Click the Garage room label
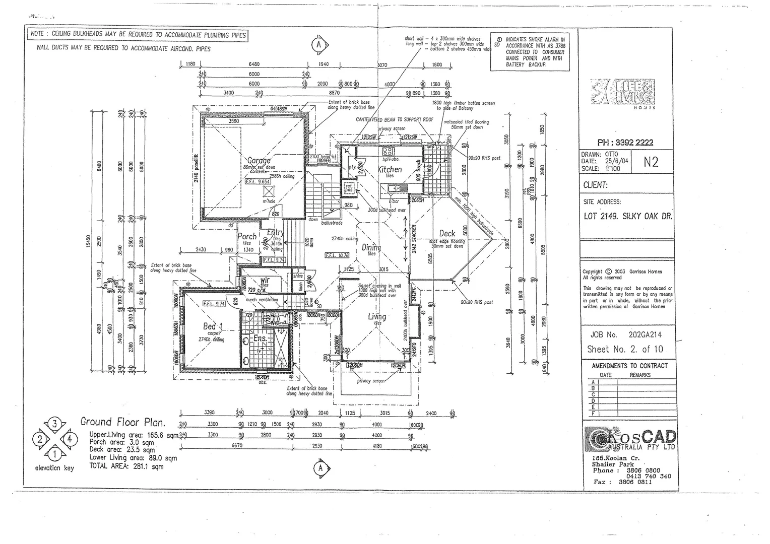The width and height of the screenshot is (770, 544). pos(259,161)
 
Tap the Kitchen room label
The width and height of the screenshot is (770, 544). pos(390,169)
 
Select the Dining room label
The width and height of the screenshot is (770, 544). pos(371,247)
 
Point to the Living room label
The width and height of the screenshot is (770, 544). pos(376,316)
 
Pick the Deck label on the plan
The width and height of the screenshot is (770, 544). pos(447,233)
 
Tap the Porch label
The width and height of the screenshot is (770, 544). pos(247,236)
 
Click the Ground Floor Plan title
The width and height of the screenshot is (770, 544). pos(123,422)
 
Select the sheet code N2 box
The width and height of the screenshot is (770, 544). pos(651,162)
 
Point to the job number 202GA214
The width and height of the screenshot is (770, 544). pos(645,334)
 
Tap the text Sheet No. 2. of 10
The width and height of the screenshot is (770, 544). pos(625,349)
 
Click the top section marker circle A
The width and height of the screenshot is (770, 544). pos(318,44)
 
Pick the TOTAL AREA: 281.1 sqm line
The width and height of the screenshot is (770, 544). pos(126,466)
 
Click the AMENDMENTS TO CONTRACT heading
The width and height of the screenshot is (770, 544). pos(629,366)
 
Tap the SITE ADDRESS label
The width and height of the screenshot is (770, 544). pos(602,202)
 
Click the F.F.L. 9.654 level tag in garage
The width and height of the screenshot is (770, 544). pos(257,181)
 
